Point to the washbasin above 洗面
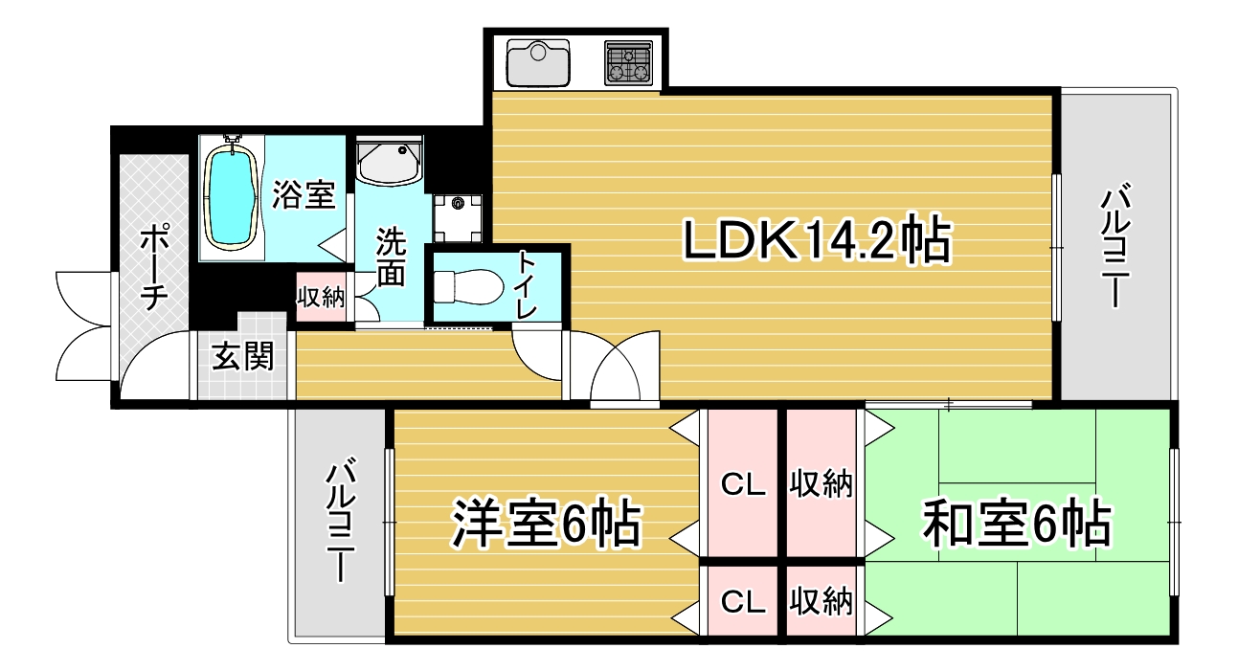point(389,161)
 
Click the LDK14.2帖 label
point(816,240)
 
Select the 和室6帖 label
point(1016,523)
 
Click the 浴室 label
point(304,194)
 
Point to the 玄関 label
point(242,356)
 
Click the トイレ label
point(527,284)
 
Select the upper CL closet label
point(743,485)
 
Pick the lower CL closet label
point(743,602)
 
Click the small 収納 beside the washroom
point(321,297)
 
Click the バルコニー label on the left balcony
point(341,523)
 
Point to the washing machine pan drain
point(458,203)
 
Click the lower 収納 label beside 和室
point(821,602)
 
